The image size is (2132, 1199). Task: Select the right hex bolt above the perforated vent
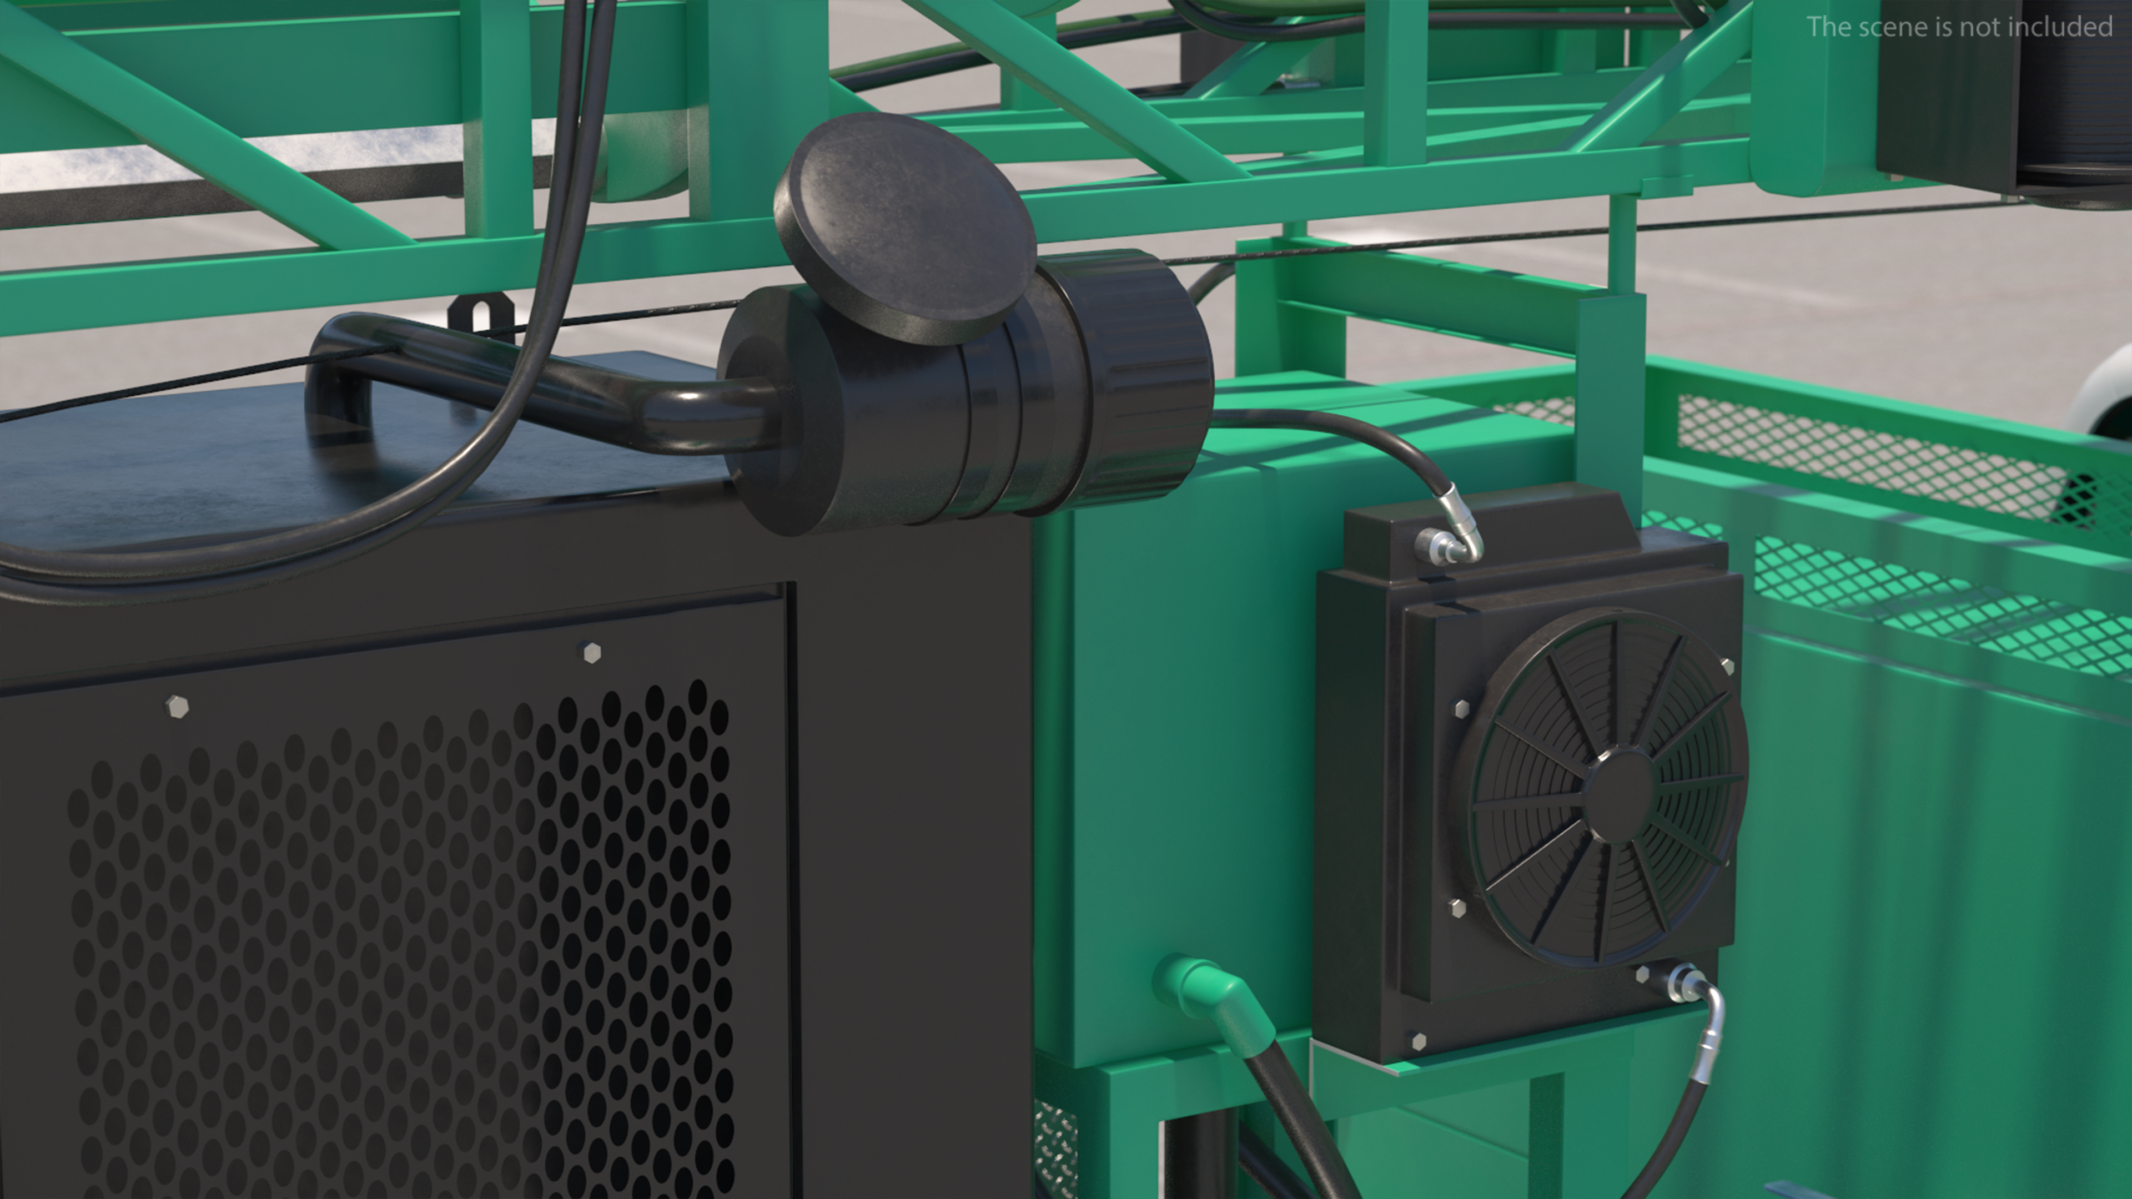pyautogui.click(x=590, y=653)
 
